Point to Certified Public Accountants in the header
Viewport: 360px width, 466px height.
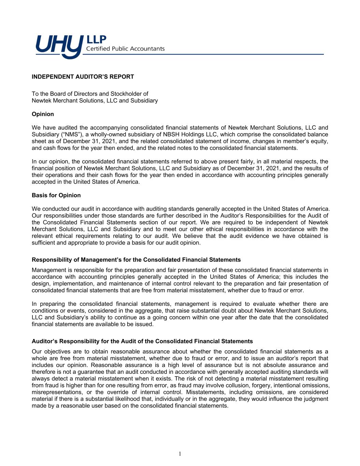click(x=125, y=49)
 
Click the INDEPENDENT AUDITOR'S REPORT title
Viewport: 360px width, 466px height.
click(x=83, y=77)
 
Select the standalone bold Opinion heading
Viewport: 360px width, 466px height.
click(x=43, y=114)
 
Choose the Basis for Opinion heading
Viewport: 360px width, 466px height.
click(x=56, y=195)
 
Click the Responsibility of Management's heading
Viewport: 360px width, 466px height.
click(x=136, y=260)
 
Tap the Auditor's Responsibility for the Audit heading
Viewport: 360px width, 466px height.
click(x=142, y=341)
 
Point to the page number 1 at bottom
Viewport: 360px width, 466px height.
click(x=180, y=454)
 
